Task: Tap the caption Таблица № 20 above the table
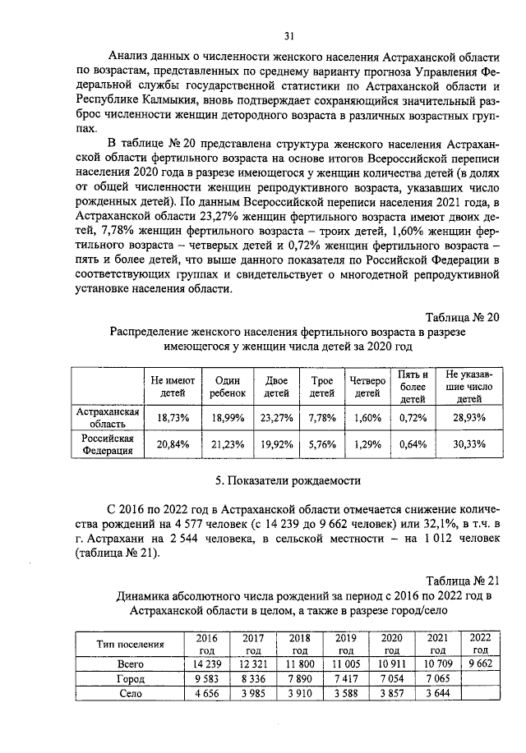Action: [462, 317]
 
